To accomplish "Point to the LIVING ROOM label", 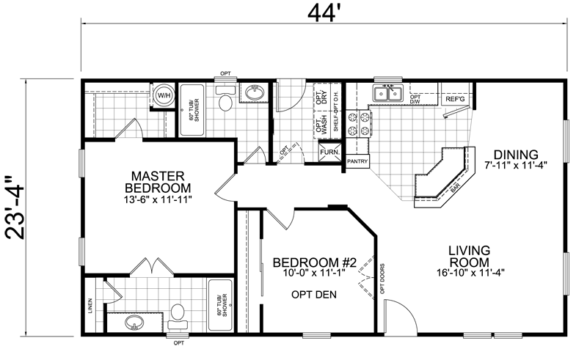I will [x=474, y=257].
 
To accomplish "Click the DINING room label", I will [x=515, y=155].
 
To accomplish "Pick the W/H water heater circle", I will [x=163, y=95].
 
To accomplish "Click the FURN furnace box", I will [x=328, y=153].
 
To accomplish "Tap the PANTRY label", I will [x=357, y=161].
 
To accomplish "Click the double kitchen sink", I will [x=387, y=94].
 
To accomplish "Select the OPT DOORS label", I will [x=382, y=279].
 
